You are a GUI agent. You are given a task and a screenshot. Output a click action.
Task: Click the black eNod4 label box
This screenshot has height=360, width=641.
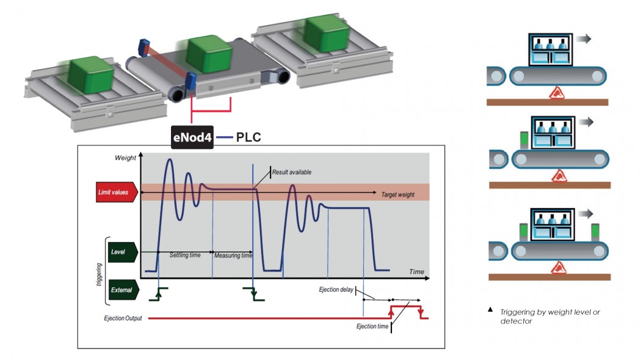coord(192,137)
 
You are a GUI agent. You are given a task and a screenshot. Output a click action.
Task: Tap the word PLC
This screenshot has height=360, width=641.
coord(248,137)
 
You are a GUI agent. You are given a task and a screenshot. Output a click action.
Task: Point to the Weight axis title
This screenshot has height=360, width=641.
coord(126,158)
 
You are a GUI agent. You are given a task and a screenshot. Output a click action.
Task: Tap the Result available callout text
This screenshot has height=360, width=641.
coord(292,173)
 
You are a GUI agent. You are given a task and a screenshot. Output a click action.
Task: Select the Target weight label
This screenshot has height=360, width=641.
coord(397,195)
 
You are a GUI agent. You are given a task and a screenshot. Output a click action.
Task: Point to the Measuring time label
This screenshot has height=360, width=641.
coord(233,255)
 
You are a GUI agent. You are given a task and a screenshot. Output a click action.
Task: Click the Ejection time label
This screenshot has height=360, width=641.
coord(372,327)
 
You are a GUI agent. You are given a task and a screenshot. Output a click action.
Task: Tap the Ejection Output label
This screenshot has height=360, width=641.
coord(123,319)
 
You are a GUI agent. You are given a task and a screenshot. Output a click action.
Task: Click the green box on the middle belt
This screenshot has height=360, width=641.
coord(207,54)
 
